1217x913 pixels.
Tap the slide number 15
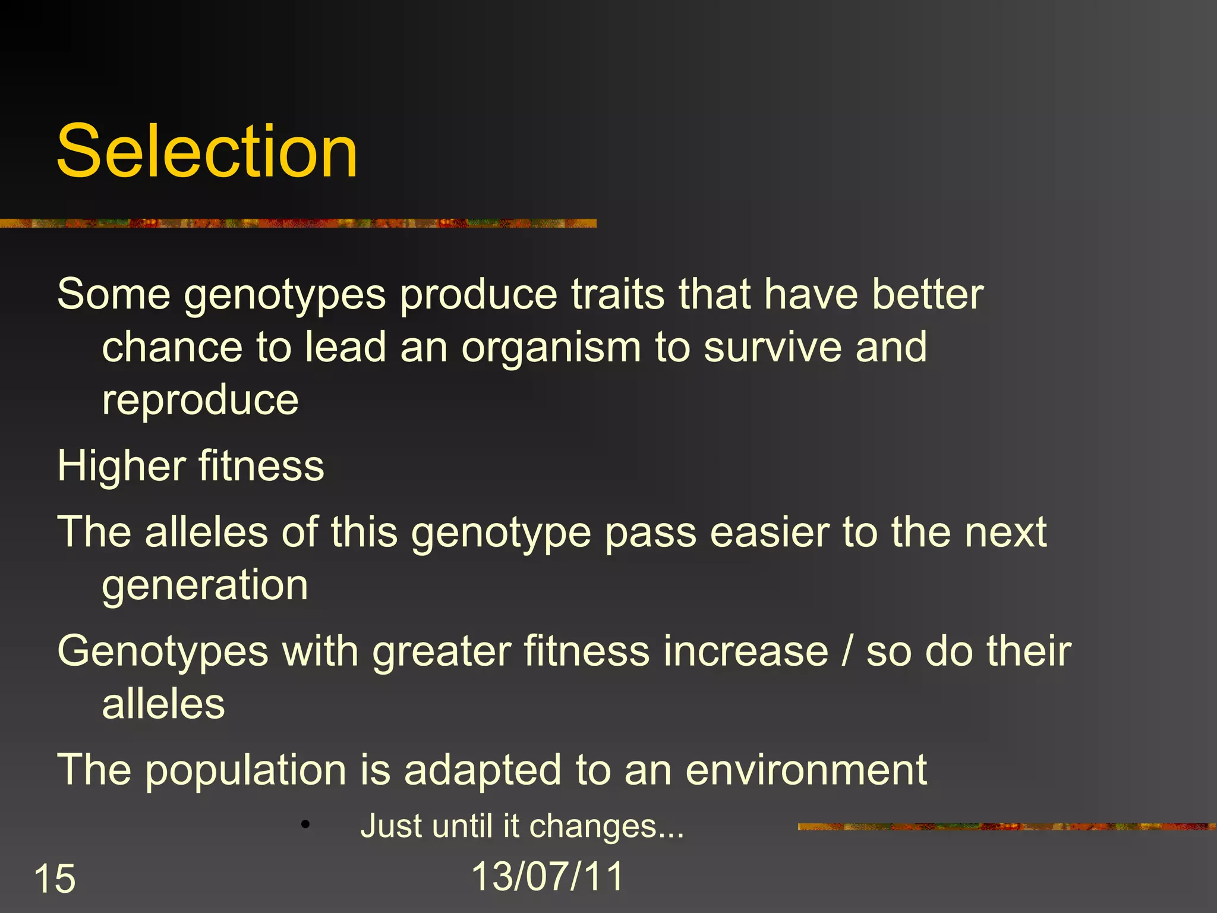[x=55, y=879]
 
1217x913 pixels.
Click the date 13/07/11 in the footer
[x=547, y=876]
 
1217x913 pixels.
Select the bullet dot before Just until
[x=305, y=824]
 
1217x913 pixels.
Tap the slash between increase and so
[x=847, y=651]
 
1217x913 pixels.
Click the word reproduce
[x=200, y=401]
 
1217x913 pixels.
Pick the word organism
[x=551, y=348]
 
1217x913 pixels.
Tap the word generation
[x=205, y=585]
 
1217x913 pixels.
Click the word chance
[x=172, y=347]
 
